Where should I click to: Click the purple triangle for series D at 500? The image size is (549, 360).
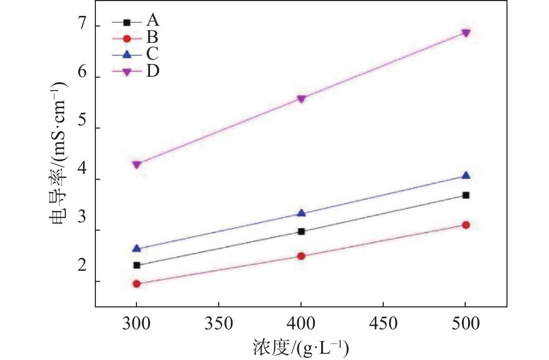click(466, 32)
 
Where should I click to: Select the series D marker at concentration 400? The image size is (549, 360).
click(302, 99)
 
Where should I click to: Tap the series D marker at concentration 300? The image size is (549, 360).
click(137, 164)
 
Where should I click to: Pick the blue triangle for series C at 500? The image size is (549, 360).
click(466, 176)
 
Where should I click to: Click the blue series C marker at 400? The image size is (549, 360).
click(302, 213)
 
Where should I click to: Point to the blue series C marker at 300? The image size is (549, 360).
click(137, 248)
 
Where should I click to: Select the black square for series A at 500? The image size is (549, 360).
click(466, 195)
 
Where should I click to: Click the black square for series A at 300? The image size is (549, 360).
click(137, 265)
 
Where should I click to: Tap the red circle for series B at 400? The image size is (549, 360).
click(302, 256)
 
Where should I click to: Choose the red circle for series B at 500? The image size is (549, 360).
click(466, 225)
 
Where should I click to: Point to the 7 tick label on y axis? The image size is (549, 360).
click(82, 24)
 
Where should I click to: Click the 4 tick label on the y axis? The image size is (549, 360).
click(82, 169)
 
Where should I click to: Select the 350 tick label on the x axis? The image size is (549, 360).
click(219, 323)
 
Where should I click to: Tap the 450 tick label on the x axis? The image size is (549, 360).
click(383, 323)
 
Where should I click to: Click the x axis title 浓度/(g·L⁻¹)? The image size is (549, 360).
click(301, 347)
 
